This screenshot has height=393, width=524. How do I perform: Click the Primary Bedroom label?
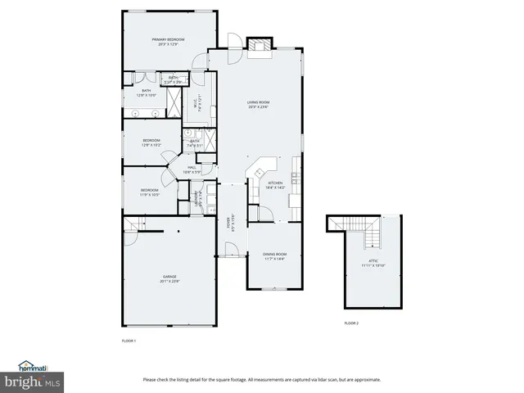click(x=168, y=41)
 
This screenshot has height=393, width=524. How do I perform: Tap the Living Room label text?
click(x=259, y=104)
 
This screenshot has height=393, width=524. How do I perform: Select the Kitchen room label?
click(x=276, y=185)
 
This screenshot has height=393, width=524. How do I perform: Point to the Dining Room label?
click(x=274, y=256)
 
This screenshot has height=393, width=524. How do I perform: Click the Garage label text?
click(x=169, y=278)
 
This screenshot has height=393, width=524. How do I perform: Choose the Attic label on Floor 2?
click(x=373, y=264)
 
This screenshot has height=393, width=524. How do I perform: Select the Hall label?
click(x=190, y=169)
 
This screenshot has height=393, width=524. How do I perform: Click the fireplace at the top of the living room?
click(x=260, y=46)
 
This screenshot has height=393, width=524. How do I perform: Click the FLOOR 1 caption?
click(x=129, y=340)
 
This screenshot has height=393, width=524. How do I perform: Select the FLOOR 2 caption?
click(x=351, y=323)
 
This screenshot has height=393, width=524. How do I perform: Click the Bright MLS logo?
click(x=30, y=382)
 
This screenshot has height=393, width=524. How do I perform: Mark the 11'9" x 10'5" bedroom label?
click(x=149, y=192)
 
